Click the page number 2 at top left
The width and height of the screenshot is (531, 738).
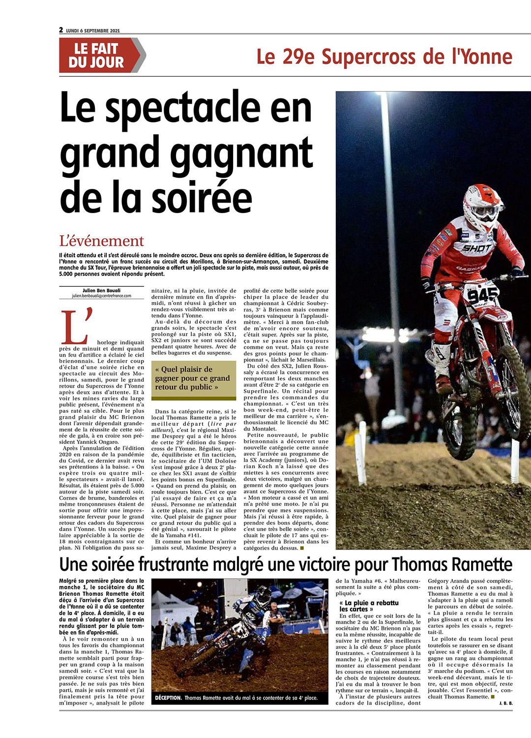61,30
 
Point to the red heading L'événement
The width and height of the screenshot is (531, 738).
101,241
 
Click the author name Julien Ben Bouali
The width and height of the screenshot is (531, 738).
101,290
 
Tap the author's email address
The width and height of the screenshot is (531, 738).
101,296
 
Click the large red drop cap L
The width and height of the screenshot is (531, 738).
75,326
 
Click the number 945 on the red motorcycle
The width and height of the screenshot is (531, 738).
482,295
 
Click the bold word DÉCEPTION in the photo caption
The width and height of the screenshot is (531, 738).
168,698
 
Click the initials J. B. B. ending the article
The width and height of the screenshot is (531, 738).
505,703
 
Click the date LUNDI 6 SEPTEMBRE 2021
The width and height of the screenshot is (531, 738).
93,31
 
